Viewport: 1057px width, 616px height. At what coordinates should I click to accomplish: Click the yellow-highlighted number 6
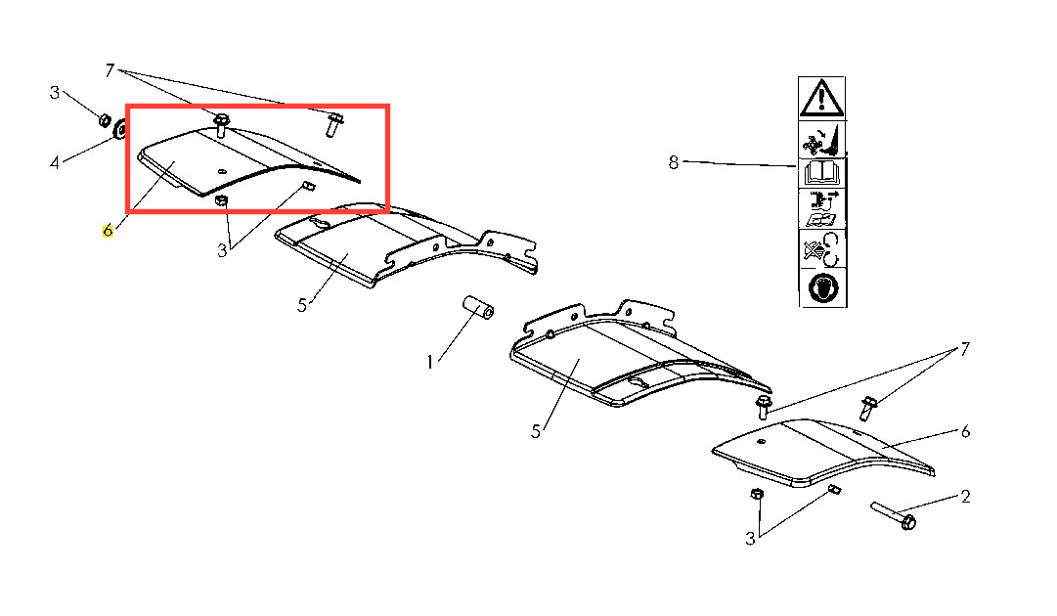click(108, 231)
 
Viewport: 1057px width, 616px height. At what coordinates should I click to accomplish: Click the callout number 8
click(673, 162)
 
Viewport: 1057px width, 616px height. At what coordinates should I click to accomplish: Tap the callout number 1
click(429, 362)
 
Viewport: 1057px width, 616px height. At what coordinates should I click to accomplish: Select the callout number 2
click(965, 497)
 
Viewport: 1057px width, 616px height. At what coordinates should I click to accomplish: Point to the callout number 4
click(55, 161)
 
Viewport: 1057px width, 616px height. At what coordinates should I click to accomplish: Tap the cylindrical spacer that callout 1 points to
click(478, 307)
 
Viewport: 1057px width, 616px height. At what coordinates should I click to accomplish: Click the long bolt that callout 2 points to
click(893, 515)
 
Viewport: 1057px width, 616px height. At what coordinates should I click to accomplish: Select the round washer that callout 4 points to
click(120, 128)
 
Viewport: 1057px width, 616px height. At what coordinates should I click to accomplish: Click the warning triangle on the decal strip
click(821, 99)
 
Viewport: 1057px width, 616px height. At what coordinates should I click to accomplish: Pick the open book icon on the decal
click(821, 173)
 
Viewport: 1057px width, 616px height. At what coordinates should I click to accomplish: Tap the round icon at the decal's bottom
click(822, 287)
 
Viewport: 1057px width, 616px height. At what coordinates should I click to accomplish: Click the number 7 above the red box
click(110, 70)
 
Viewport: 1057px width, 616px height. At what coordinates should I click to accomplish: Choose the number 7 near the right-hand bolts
click(965, 348)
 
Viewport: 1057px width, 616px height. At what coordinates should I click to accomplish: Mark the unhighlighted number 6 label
click(965, 431)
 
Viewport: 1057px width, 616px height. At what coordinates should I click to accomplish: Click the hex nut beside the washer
click(105, 120)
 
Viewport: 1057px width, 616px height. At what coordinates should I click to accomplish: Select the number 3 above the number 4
click(55, 92)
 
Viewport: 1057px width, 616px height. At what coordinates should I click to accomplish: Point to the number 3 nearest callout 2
click(750, 539)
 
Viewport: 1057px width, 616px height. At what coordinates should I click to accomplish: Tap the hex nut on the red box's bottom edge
click(220, 200)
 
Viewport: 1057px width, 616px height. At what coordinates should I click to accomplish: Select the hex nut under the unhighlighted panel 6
click(757, 494)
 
